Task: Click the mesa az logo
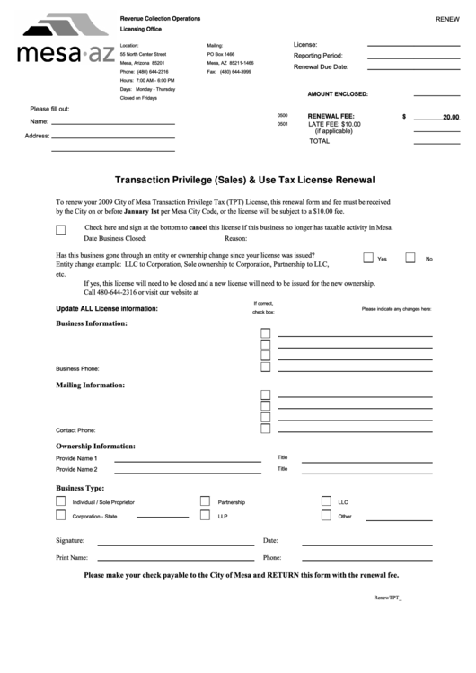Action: coord(56,40)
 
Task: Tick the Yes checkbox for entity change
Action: coord(368,258)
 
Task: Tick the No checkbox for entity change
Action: coord(410,258)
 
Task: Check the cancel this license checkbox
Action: coord(61,229)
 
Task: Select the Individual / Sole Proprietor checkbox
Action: coord(61,501)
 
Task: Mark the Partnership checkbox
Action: coord(205,501)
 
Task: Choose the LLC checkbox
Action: coord(326,501)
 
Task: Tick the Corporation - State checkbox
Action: coord(61,516)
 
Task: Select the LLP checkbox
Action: coord(205,516)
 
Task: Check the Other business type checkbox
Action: coord(326,516)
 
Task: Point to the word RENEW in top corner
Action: coord(447,19)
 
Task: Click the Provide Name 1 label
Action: coord(76,457)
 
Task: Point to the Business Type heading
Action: coord(80,487)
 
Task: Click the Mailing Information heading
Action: coord(91,385)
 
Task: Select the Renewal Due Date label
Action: coord(321,67)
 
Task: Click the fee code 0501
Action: coord(283,125)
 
